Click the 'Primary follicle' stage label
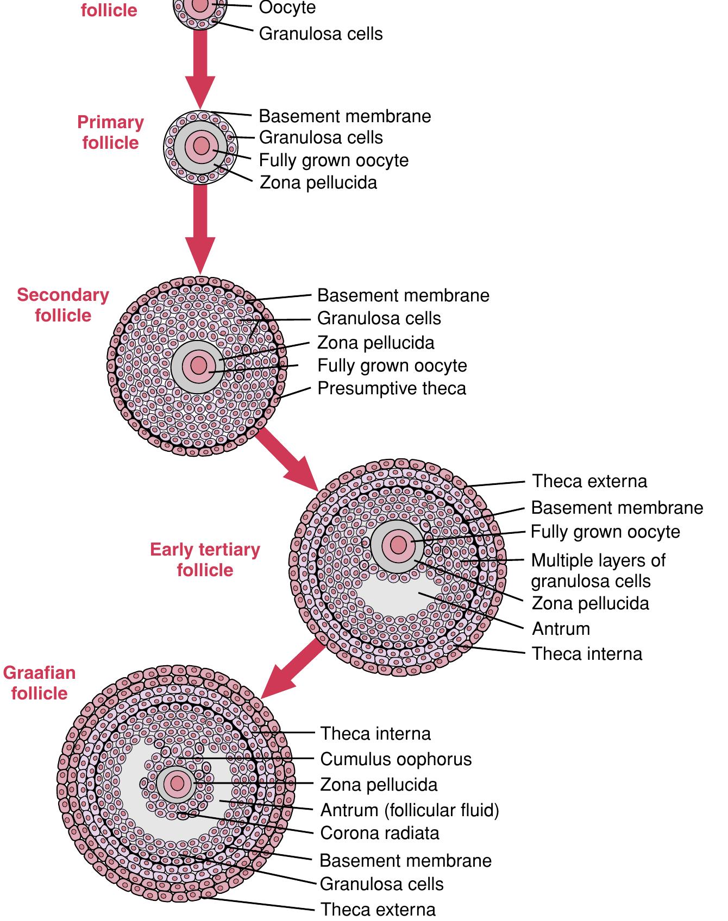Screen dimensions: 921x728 (x=110, y=133)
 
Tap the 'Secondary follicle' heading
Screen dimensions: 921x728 (x=63, y=305)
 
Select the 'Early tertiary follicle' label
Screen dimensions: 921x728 (x=205, y=560)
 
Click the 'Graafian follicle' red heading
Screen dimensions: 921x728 (x=39, y=683)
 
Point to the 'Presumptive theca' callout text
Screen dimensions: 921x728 (x=392, y=389)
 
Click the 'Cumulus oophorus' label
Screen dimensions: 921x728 (x=396, y=759)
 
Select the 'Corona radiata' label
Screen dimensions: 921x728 (x=380, y=833)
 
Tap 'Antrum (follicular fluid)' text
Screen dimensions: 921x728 (x=410, y=810)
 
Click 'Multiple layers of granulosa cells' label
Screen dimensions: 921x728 (x=598, y=571)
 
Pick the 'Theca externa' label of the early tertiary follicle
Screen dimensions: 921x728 (x=589, y=481)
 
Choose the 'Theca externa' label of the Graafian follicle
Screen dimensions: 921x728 (x=378, y=909)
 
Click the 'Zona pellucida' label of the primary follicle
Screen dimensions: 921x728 (x=318, y=182)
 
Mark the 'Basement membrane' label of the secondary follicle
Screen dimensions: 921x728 (x=403, y=295)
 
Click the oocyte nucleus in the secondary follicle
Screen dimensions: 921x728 (x=199, y=365)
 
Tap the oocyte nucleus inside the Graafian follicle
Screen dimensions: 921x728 (x=177, y=784)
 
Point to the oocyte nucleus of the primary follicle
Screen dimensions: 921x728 (x=201, y=146)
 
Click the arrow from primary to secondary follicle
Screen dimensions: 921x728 (x=200, y=228)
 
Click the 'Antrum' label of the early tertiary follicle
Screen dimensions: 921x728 (x=561, y=629)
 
